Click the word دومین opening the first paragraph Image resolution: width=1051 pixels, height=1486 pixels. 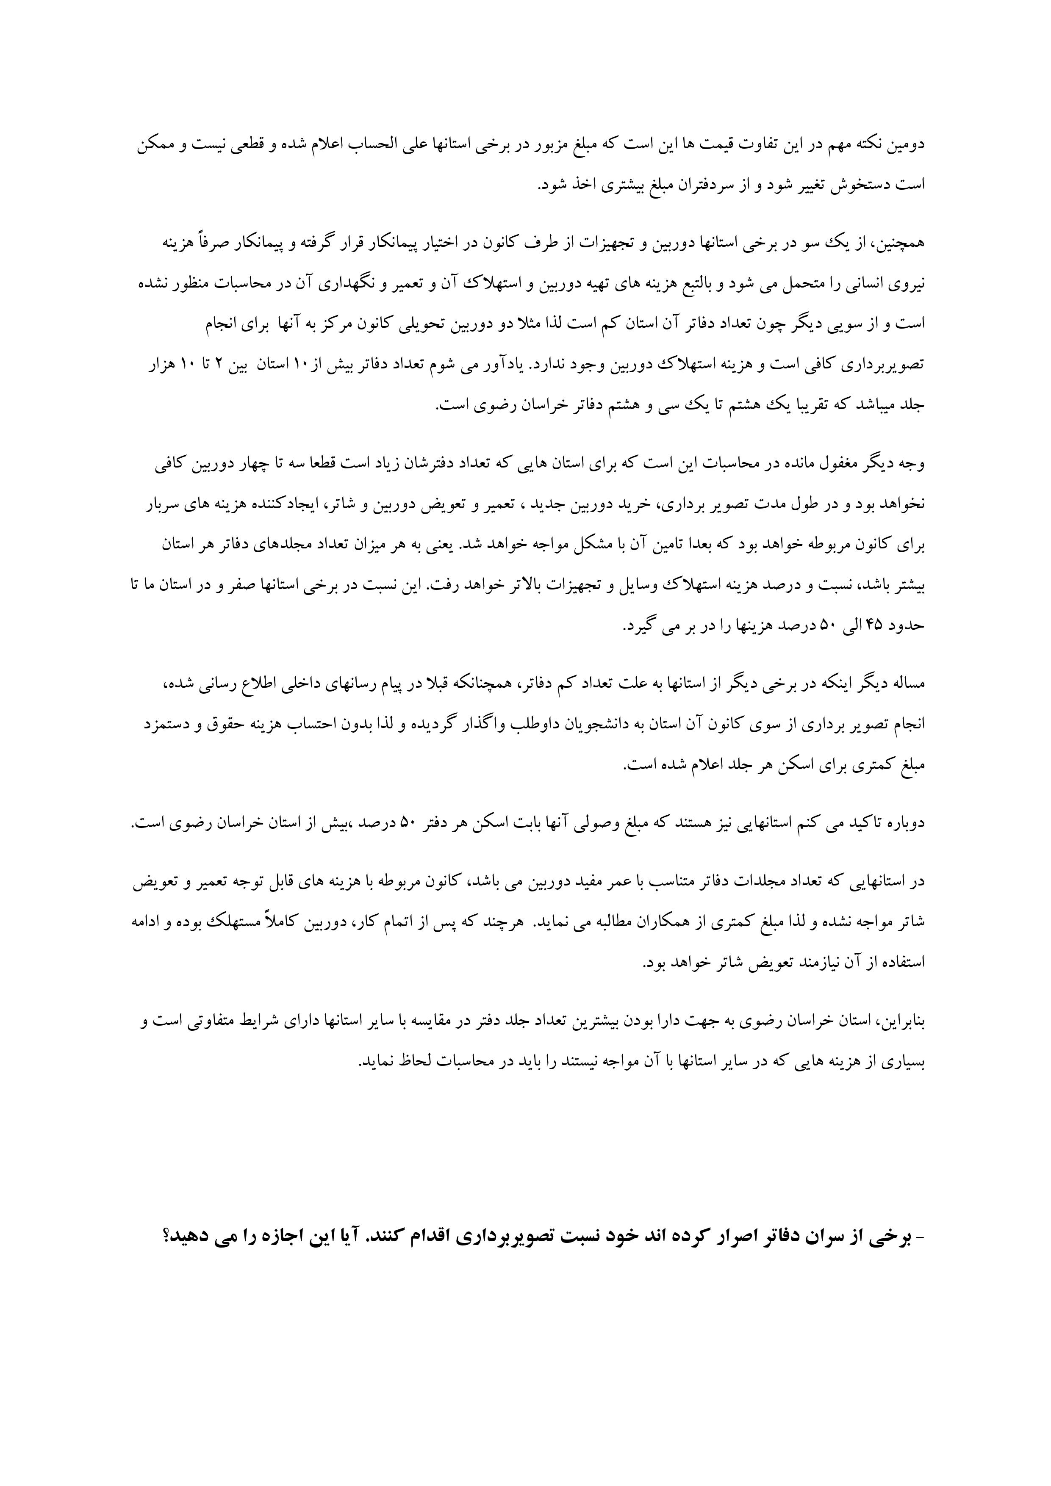907,144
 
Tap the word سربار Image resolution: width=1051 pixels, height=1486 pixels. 159,504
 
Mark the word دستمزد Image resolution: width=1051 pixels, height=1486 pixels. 160,725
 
